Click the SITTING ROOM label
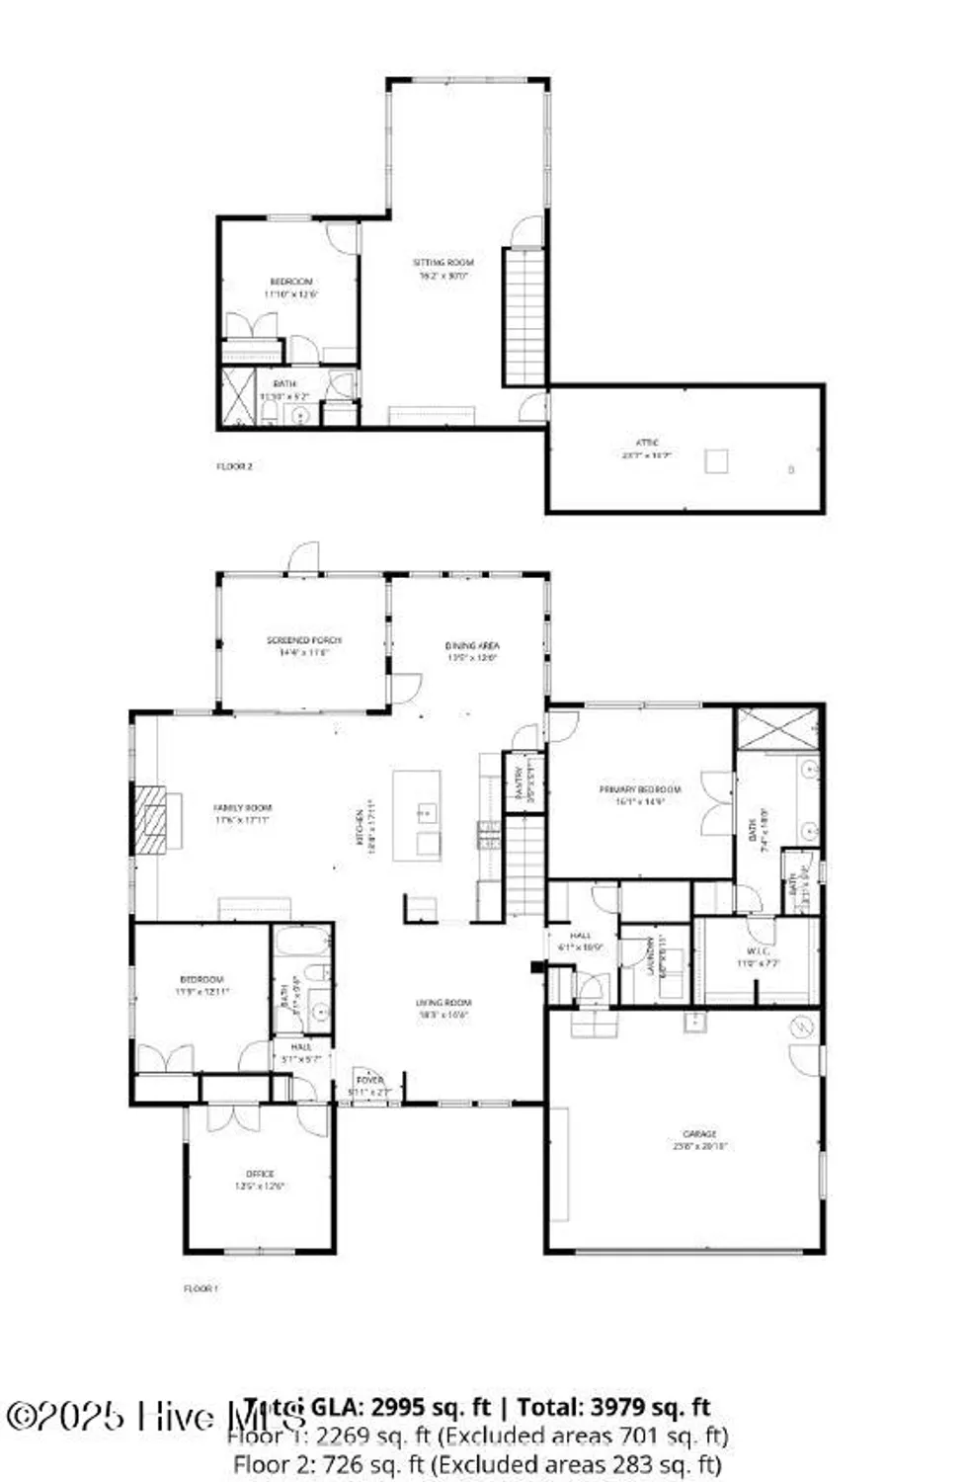pyautogui.click(x=443, y=263)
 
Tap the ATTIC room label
pyautogui.click(x=647, y=443)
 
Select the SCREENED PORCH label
pyautogui.click(x=304, y=640)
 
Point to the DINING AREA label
pyautogui.click(x=472, y=646)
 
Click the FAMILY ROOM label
pyautogui.click(x=242, y=808)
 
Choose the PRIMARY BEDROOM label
pyautogui.click(x=640, y=790)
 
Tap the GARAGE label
pyautogui.click(x=699, y=1134)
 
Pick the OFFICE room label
pyautogui.click(x=260, y=1174)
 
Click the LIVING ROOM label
pyautogui.click(x=443, y=1003)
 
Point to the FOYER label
pyautogui.click(x=369, y=1081)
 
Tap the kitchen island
pyautogui.click(x=417, y=815)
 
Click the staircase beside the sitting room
pyautogui.click(x=524, y=316)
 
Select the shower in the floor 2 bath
pyautogui.click(x=237, y=396)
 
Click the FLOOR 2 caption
pyautogui.click(x=235, y=466)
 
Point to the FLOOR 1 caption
pyautogui.click(x=201, y=1288)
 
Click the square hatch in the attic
pyautogui.click(x=716, y=460)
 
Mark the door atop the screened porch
pyautogui.click(x=304, y=558)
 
